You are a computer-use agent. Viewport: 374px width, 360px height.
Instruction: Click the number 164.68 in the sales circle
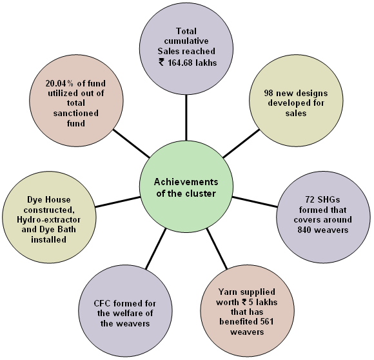click(x=181, y=63)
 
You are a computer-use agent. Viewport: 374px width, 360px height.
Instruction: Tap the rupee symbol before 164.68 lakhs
click(x=161, y=63)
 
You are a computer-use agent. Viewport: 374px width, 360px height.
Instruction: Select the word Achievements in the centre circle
click(x=186, y=182)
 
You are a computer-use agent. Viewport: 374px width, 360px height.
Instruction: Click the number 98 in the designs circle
click(x=268, y=93)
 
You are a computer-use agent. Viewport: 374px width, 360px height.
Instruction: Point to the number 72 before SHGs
click(x=310, y=199)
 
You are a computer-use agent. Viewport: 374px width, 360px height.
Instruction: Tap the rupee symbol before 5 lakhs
click(x=244, y=302)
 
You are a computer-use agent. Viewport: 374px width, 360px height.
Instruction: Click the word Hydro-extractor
click(x=48, y=219)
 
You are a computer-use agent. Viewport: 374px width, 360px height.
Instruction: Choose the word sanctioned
click(x=76, y=113)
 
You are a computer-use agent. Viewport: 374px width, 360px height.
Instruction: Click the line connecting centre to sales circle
click(x=186, y=117)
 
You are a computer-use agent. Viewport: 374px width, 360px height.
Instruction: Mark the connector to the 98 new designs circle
click(x=241, y=143)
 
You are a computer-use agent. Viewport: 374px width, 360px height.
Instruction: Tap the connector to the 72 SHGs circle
click(x=255, y=202)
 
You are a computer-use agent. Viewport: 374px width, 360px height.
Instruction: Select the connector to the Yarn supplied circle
click(x=217, y=248)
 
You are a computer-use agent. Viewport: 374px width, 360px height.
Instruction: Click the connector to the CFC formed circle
click(x=155, y=248)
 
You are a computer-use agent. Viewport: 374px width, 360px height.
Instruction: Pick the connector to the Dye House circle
click(x=117, y=202)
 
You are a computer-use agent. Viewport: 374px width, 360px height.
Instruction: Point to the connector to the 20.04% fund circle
click(x=131, y=143)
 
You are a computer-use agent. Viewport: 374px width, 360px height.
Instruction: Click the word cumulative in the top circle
click(x=186, y=41)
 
